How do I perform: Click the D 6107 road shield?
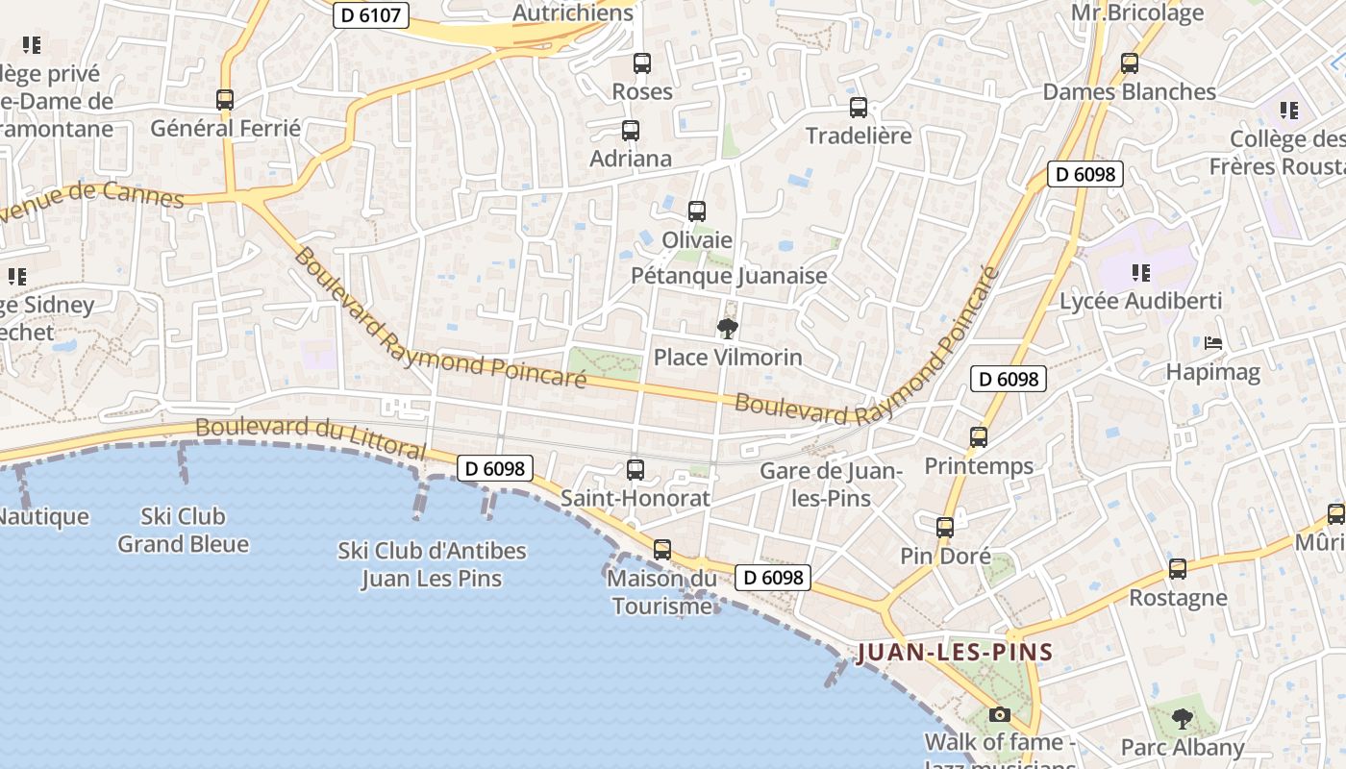click(x=371, y=15)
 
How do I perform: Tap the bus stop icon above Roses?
click(x=642, y=63)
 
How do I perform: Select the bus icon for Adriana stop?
click(x=631, y=130)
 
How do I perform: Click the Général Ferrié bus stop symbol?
click(x=225, y=99)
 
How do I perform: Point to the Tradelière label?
click(x=859, y=136)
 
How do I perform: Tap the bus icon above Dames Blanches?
click(x=1130, y=63)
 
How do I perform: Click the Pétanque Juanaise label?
click(x=729, y=276)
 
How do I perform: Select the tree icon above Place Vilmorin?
click(x=728, y=329)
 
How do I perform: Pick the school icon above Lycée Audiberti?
click(x=1140, y=273)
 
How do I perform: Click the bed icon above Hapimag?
click(x=1213, y=342)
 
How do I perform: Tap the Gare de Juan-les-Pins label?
click(x=830, y=484)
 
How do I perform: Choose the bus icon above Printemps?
click(x=979, y=437)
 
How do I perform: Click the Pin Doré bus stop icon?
click(x=945, y=527)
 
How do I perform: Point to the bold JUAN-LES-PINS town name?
click(x=955, y=653)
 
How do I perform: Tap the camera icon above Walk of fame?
click(x=1000, y=714)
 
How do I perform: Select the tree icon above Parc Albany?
click(x=1183, y=718)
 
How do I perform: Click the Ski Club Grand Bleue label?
click(x=183, y=530)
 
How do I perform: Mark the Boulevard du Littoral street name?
click(x=310, y=436)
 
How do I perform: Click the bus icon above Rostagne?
click(x=1178, y=569)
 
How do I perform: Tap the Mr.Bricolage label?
click(x=1137, y=13)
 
